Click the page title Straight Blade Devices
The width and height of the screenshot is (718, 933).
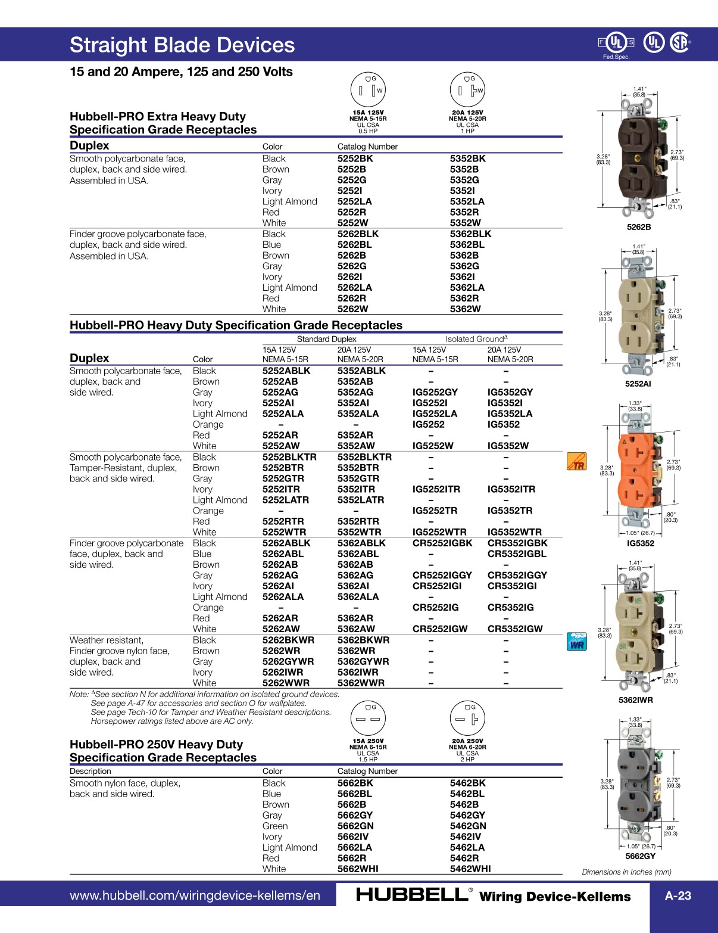pos(182,45)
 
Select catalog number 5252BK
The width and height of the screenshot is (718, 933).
pos(355,158)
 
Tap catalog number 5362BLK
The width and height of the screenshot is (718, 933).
pos(470,234)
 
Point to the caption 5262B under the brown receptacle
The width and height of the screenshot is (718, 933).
pos(639,227)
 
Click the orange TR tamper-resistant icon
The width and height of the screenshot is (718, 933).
pos(576,462)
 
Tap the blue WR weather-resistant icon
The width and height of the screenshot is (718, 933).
pos(576,641)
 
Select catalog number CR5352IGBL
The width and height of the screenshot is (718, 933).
pos(517,554)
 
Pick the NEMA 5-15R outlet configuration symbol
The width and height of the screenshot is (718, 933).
pos(368,90)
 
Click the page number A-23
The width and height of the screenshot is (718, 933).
pos(678,895)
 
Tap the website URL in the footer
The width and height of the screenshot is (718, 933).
pos(195,895)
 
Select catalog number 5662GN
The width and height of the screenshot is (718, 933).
pos(355,826)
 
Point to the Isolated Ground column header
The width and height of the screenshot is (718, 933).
pos(476,339)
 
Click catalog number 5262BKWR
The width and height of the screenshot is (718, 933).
pos(288,640)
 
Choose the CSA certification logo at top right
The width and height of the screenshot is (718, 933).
pos(679,42)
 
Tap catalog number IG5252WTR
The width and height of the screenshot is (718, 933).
pos(439,532)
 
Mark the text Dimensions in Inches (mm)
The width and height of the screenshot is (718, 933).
pos(626,872)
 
